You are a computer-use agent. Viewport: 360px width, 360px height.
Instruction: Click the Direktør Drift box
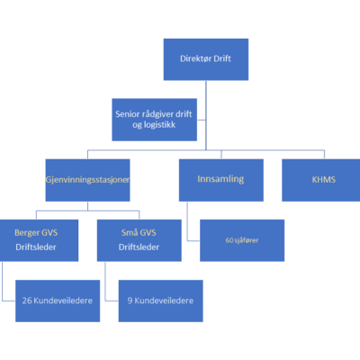[206, 59]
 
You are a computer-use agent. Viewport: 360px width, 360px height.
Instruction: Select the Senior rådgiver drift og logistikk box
[155, 120]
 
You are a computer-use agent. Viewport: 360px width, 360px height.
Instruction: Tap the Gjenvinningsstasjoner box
[87, 180]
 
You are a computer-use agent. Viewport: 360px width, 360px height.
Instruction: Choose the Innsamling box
[221, 180]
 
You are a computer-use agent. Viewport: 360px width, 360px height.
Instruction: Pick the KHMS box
[321, 180]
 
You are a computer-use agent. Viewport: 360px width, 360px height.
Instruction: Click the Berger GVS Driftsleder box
[39, 240]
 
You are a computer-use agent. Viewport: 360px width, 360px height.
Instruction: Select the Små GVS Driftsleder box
[139, 240]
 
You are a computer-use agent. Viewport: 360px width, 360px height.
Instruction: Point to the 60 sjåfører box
[242, 240]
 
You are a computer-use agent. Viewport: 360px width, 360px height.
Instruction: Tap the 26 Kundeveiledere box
[58, 301]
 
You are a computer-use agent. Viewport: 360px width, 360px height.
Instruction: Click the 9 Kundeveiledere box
[161, 301]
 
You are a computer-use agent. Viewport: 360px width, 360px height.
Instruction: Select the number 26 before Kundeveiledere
[27, 301]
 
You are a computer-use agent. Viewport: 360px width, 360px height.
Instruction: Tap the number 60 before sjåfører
[229, 240]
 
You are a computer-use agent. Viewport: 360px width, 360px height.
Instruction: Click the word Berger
[27, 233]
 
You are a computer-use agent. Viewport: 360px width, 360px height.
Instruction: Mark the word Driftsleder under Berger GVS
[36, 247]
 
